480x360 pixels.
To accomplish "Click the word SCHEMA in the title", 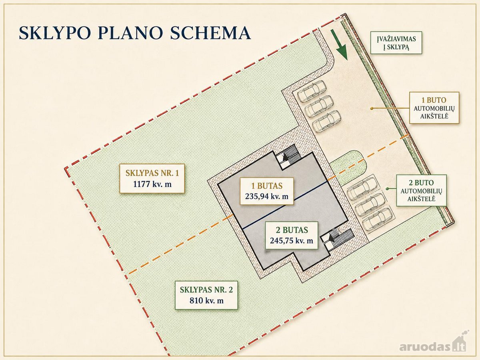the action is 210,33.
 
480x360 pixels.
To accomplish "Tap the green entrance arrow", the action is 338,45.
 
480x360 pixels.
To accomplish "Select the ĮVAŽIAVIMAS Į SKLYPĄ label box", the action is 396,43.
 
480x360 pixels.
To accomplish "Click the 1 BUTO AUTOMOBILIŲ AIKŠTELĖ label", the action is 434,108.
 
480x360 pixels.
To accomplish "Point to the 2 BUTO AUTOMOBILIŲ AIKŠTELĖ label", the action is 421,190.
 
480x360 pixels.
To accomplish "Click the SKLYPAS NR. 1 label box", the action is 152,178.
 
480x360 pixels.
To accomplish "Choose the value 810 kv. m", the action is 206,300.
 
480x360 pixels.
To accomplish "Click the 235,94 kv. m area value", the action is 266,196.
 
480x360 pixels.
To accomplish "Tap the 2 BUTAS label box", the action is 292,235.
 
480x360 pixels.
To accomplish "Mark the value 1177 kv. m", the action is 152,184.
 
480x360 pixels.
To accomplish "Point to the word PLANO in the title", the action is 130,33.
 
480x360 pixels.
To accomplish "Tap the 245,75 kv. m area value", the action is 292,240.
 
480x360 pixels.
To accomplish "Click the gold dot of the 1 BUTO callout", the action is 371,108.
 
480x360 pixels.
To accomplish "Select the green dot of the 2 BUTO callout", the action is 387,188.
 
